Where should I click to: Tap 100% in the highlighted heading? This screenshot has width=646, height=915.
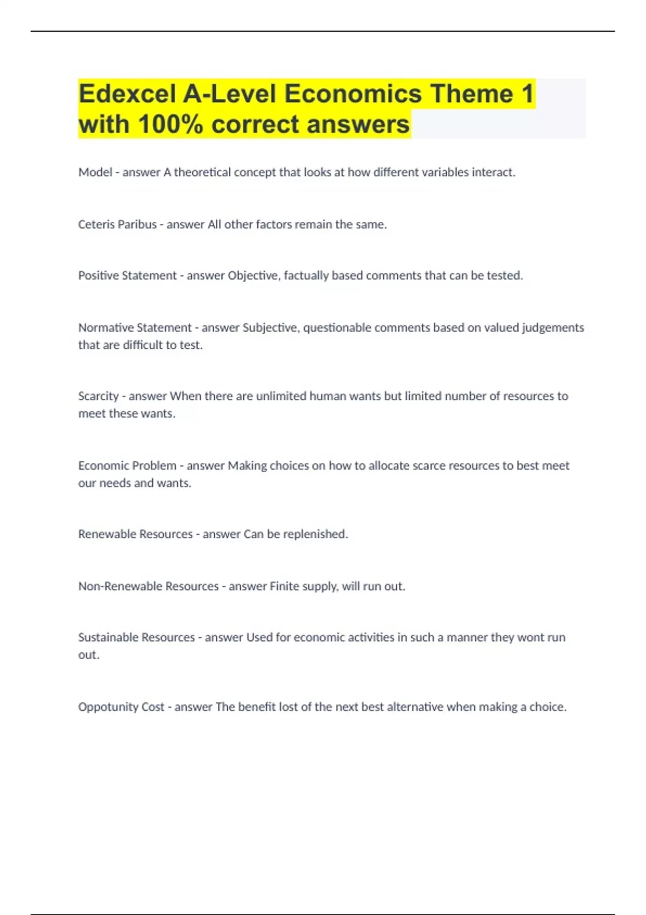click(170, 125)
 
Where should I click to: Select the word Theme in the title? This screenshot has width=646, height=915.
click(472, 94)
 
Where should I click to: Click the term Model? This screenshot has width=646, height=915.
click(95, 172)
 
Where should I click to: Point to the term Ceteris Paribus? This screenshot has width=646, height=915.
click(117, 224)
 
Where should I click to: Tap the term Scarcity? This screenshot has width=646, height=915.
click(99, 396)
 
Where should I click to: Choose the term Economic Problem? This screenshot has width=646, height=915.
click(127, 466)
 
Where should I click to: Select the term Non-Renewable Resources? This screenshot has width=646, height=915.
click(149, 586)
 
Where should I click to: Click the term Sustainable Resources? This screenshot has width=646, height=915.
click(136, 637)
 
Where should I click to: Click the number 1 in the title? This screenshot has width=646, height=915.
click(527, 94)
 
